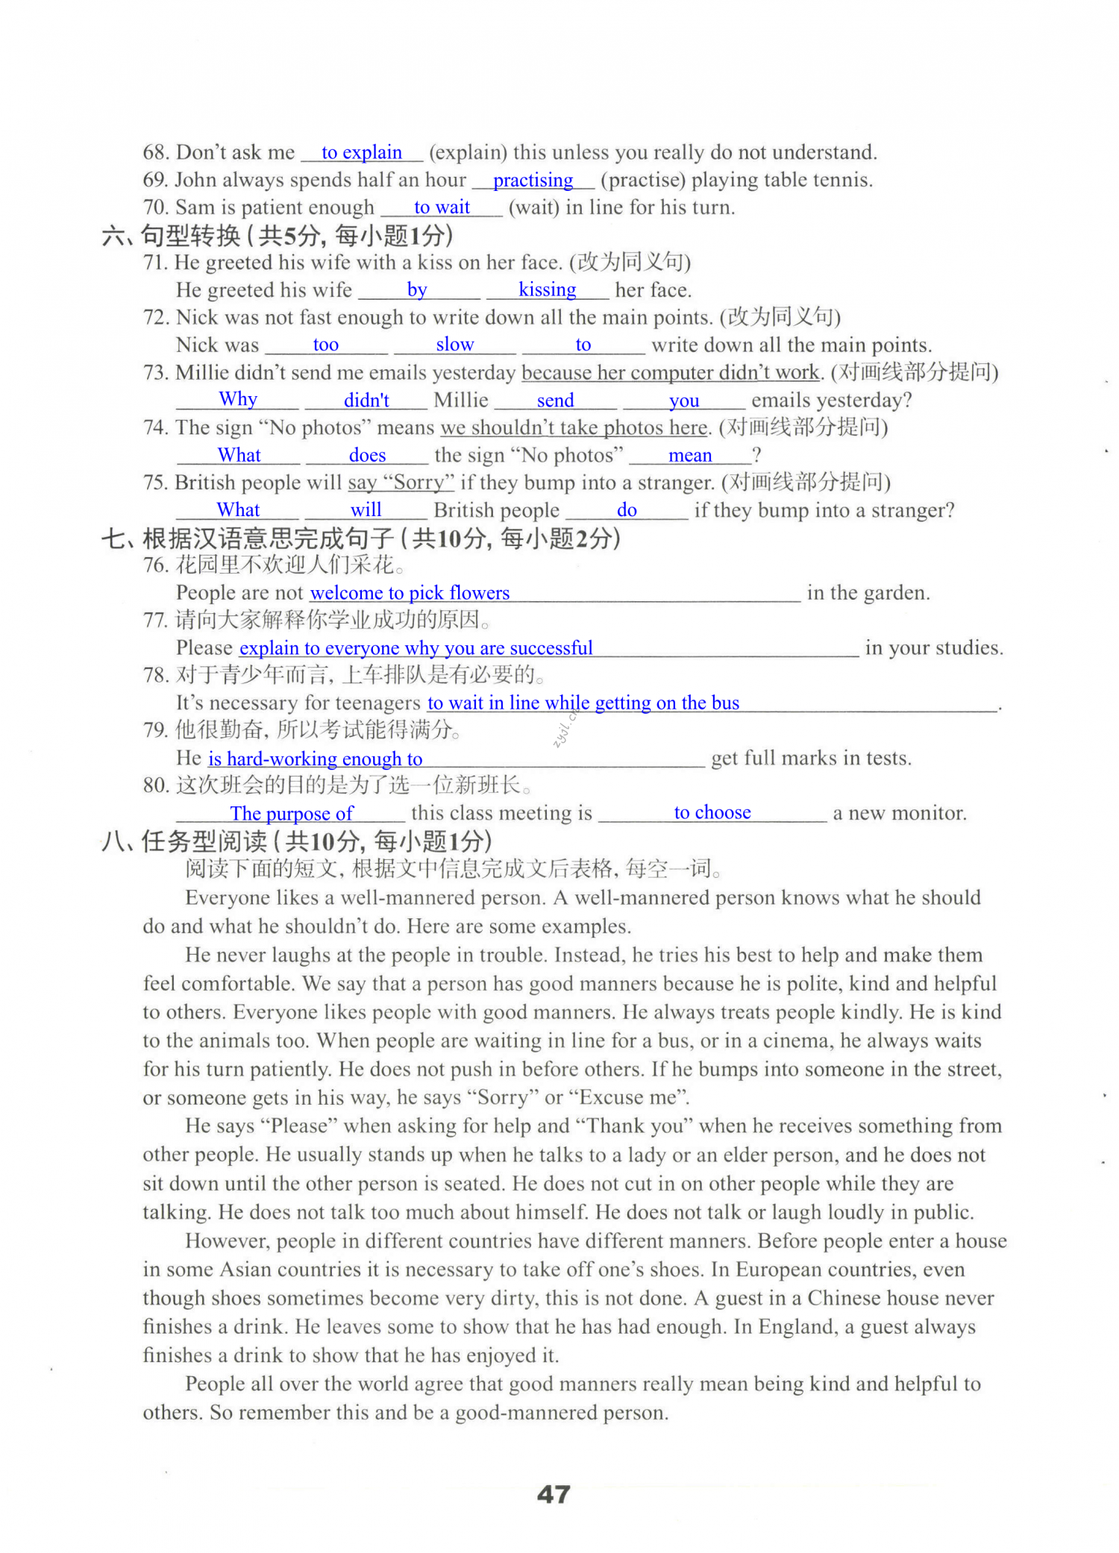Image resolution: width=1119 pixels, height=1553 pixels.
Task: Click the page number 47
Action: [554, 1494]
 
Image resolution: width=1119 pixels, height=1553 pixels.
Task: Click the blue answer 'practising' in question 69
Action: [533, 180]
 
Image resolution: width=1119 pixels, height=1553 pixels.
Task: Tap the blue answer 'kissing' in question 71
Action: [547, 289]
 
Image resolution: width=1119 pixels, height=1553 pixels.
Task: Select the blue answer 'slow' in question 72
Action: [454, 345]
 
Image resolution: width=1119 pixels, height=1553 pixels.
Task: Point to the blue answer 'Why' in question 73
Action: [238, 399]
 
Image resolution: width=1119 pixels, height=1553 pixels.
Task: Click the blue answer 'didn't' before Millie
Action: [366, 401]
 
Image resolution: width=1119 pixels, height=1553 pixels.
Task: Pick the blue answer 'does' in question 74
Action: [367, 455]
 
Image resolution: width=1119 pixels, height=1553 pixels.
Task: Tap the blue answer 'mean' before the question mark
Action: [690, 455]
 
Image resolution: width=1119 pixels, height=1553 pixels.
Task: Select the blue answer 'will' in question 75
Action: [366, 509]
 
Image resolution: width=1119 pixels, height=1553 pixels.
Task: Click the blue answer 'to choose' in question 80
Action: [712, 812]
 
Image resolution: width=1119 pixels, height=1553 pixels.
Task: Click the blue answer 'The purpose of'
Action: [292, 813]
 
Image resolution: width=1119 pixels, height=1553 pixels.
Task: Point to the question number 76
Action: [155, 565]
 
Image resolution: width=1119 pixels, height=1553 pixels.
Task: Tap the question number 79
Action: [155, 730]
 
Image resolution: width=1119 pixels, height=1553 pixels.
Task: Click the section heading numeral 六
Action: [114, 236]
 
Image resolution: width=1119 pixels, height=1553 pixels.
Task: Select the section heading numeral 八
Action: [114, 841]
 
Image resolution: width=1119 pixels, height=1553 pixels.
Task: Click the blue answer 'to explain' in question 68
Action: [362, 152]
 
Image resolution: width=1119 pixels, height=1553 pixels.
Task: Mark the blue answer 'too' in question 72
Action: [325, 345]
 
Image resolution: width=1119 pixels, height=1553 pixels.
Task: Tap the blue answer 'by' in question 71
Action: [417, 289]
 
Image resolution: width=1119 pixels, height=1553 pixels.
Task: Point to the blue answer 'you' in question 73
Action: [684, 401]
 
